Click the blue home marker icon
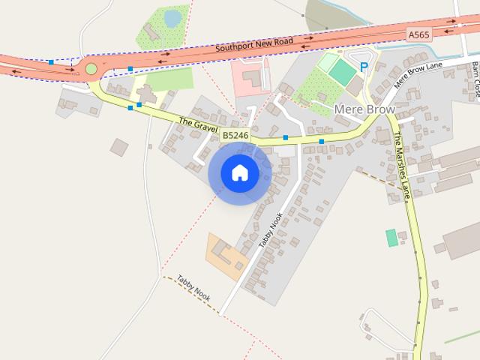(x=240, y=172)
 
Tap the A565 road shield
(x=418, y=34)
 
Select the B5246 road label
(x=235, y=135)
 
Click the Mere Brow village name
(x=364, y=109)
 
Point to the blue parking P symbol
(x=364, y=67)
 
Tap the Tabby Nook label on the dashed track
(x=194, y=288)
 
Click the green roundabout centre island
(x=91, y=69)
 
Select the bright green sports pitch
(x=342, y=73)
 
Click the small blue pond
(x=173, y=17)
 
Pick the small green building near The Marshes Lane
(x=391, y=238)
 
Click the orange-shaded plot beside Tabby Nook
(x=225, y=255)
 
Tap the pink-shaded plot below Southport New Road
(x=250, y=76)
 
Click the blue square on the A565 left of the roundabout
(x=50, y=62)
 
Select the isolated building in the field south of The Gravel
(x=119, y=147)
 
